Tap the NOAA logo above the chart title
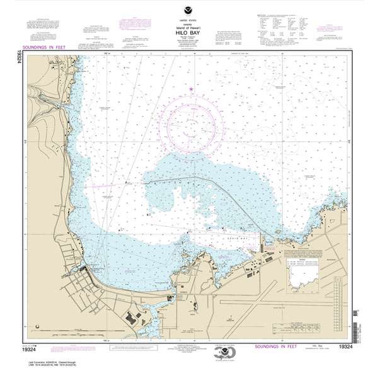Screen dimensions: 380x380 pos(190,9)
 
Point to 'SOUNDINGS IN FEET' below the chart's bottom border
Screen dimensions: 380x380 pos(277,346)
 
